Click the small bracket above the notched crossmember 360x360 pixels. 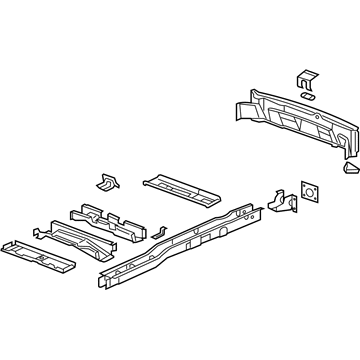click(x=105, y=181)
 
